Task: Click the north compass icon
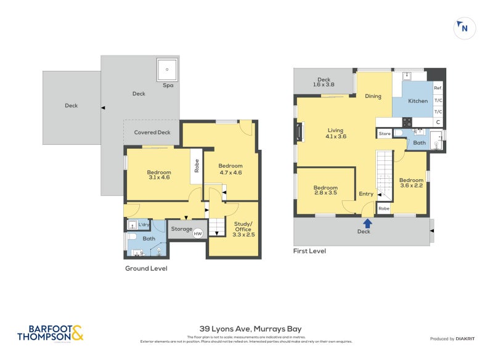click(x=463, y=28)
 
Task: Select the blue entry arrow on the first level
click(x=368, y=223)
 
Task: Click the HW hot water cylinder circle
click(x=198, y=234)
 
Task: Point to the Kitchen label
click(x=418, y=100)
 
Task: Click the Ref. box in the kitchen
click(x=438, y=89)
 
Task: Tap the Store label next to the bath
click(x=385, y=133)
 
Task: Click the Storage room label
click(x=181, y=229)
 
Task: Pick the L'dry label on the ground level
click(x=144, y=225)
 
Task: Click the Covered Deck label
click(x=152, y=133)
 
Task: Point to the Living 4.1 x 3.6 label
click(x=336, y=133)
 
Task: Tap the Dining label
click(x=373, y=96)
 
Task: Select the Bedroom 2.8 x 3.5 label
click(x=325, y=190)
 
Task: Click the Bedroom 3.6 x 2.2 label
click(x=412, y=183)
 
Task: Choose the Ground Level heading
click(x=146, y=268)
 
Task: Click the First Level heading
click(x=310, y=251)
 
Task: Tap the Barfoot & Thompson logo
click(x=50, y=333)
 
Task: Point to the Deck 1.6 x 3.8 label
click(x=324, y=82)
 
